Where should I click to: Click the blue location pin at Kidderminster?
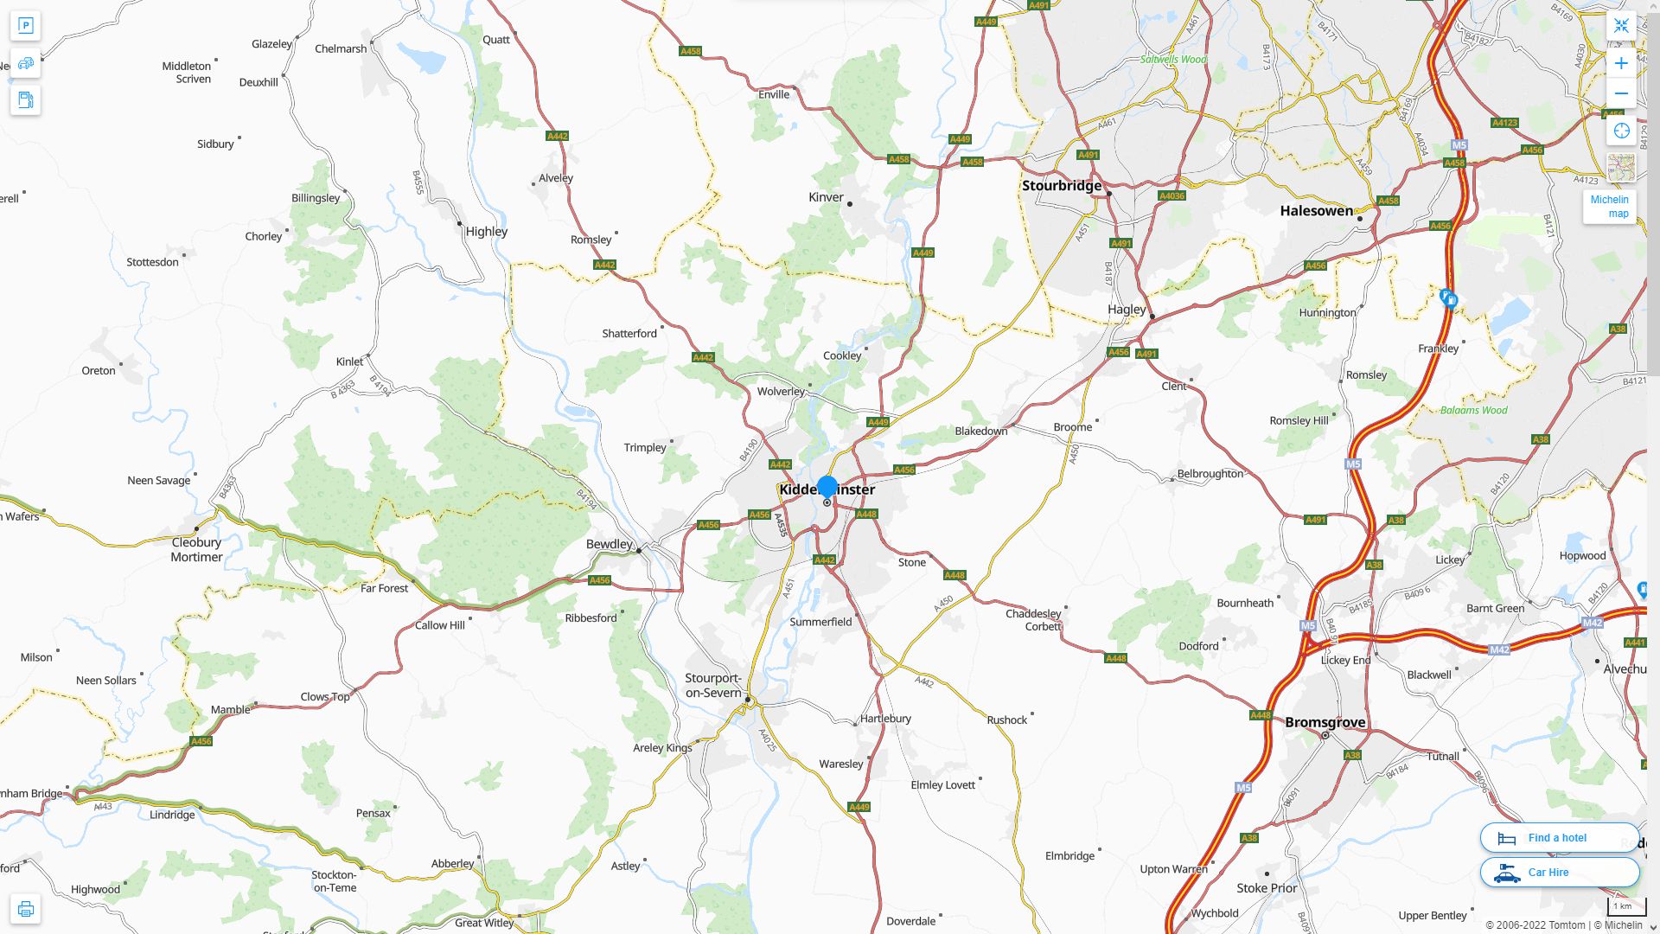pos(827,487)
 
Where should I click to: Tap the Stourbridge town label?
pos(1062,186)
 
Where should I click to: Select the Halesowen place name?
pos(1316,211)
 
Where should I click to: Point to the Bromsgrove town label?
pos(1325,722)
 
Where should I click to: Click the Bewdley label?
pos(610,544)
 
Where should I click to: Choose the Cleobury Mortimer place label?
pos(196,549)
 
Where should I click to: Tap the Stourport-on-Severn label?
pos(713,685)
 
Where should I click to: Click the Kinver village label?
pos(826,197)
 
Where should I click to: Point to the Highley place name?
pos(486,232)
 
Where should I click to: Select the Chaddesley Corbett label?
pos(1033,619)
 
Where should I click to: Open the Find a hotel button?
pos(1559,837)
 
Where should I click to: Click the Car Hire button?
pos(1559,872)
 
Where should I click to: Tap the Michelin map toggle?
pos(1609,206)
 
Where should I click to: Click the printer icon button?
pos(25,908)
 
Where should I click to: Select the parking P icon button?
pos(25,26)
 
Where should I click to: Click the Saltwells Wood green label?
pos(1173,60)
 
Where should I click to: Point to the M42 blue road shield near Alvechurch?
pos(1592,623)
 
